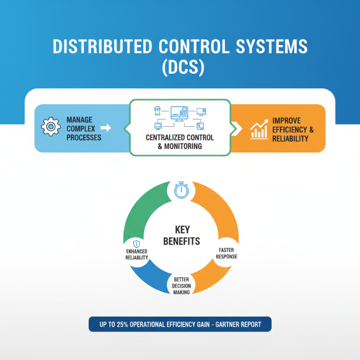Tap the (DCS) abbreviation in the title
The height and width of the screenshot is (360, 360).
click(180, 67)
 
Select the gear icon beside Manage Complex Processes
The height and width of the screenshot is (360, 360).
click(50, 128)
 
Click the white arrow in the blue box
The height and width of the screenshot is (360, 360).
click(106, 128)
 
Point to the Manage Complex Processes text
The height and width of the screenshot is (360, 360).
click(83, 128)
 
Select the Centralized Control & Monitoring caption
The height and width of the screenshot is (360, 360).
click(180, 142)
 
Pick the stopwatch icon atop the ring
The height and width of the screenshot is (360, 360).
click(180, 190)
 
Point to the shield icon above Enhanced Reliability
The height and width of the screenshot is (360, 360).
click(136, 243)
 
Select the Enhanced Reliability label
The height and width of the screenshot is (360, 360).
click(136, 254)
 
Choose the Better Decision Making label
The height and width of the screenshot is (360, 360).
click(181, 286)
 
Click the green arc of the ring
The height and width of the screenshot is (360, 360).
click(139, 207)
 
